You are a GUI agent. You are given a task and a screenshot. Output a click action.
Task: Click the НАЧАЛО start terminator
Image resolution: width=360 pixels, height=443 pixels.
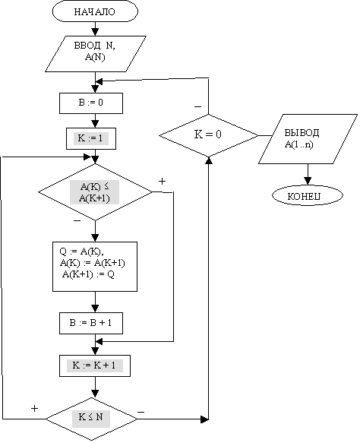pos(95,11)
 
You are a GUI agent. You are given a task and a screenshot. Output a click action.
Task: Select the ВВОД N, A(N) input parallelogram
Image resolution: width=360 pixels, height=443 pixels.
pos(96,54)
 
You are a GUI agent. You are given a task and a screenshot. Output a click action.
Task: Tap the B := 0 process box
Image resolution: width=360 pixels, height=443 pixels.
pos(91,103)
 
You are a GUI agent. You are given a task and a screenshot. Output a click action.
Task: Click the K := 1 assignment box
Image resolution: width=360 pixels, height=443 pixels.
pos(91,138)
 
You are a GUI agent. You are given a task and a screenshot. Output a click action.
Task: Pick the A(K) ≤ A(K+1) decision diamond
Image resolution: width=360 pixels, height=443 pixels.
pos(95,191)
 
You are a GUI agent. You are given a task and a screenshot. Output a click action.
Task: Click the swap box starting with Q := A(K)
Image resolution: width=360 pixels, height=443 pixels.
pos(95,267)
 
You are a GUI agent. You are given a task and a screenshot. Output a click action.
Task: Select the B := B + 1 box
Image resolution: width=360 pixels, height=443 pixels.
pos(91,323)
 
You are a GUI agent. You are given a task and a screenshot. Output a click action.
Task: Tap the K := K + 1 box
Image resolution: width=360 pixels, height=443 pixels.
pos(95,365)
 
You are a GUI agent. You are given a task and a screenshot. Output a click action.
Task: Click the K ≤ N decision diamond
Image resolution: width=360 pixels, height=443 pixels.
pos(91,419)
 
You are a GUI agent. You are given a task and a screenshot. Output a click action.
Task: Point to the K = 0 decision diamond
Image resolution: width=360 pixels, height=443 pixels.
pos(208,135)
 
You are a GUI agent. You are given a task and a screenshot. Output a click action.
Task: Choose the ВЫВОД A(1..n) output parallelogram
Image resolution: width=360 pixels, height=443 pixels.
pos(308,139)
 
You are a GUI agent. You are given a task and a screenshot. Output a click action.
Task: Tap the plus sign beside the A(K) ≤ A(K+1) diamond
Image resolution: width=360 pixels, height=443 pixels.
pos(162,181)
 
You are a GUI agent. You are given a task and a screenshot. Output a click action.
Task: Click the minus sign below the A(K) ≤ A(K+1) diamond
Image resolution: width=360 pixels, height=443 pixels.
pos(77,220)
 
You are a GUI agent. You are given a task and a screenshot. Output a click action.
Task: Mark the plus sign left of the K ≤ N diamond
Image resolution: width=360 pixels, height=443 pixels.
pos(34,408)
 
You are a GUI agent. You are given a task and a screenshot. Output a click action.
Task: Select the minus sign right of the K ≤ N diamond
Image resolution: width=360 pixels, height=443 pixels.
pos(141,412)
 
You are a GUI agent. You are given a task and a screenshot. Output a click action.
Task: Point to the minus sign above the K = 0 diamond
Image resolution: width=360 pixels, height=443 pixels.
pos(198,107)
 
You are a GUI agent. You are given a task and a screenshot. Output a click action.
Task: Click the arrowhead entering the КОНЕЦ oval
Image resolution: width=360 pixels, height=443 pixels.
pos(308,181)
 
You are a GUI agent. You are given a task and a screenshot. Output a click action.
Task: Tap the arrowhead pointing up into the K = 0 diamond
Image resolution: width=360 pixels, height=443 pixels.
pos(208,160)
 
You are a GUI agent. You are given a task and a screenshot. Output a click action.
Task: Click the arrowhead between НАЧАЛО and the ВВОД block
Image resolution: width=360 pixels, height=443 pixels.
pos(95,32)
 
